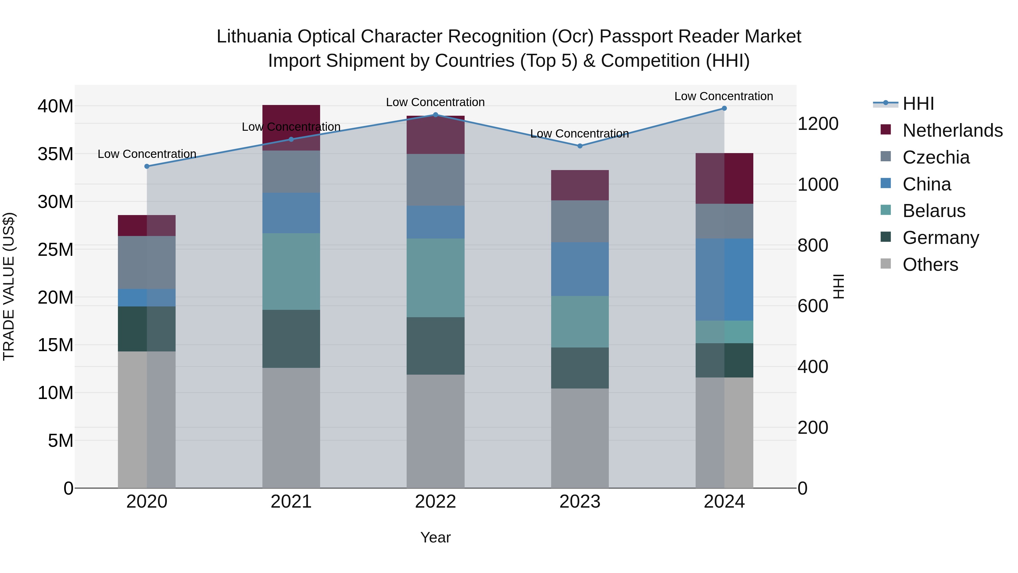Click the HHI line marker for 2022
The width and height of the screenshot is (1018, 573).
(x=435, y=115)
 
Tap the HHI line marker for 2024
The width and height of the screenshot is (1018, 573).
(x=724, y=108)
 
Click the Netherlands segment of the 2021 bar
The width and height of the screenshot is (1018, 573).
(x=291, y=127)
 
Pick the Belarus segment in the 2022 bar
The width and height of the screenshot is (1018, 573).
(x=435, y=278)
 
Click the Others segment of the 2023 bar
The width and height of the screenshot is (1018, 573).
(x=580, y=438)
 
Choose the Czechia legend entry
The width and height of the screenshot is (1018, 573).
(x=936, y=157)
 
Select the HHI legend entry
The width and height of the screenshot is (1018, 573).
(x=918, y=104)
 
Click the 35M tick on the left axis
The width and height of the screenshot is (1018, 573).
(x=55, y=154)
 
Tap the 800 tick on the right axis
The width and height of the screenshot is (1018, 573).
(x=812, y=245)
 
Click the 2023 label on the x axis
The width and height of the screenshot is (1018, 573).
(x=580, y=502)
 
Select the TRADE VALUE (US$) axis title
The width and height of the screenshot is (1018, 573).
(x=9, y=286)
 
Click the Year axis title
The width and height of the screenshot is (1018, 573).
(x=435, y=537)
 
